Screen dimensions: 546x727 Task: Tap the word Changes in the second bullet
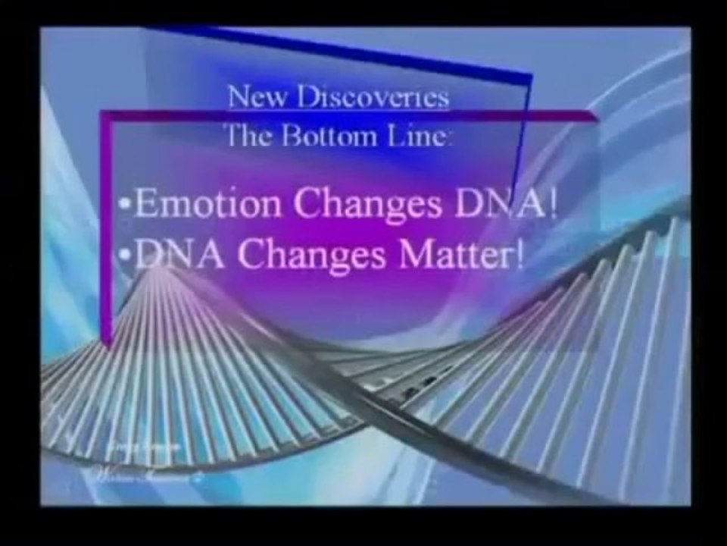click(x=321, y=255)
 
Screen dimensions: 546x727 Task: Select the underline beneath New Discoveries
click(x=338, y=109)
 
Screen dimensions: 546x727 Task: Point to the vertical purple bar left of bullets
click(x=107, y=227)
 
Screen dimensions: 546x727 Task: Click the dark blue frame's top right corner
click(x=529, y=77)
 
